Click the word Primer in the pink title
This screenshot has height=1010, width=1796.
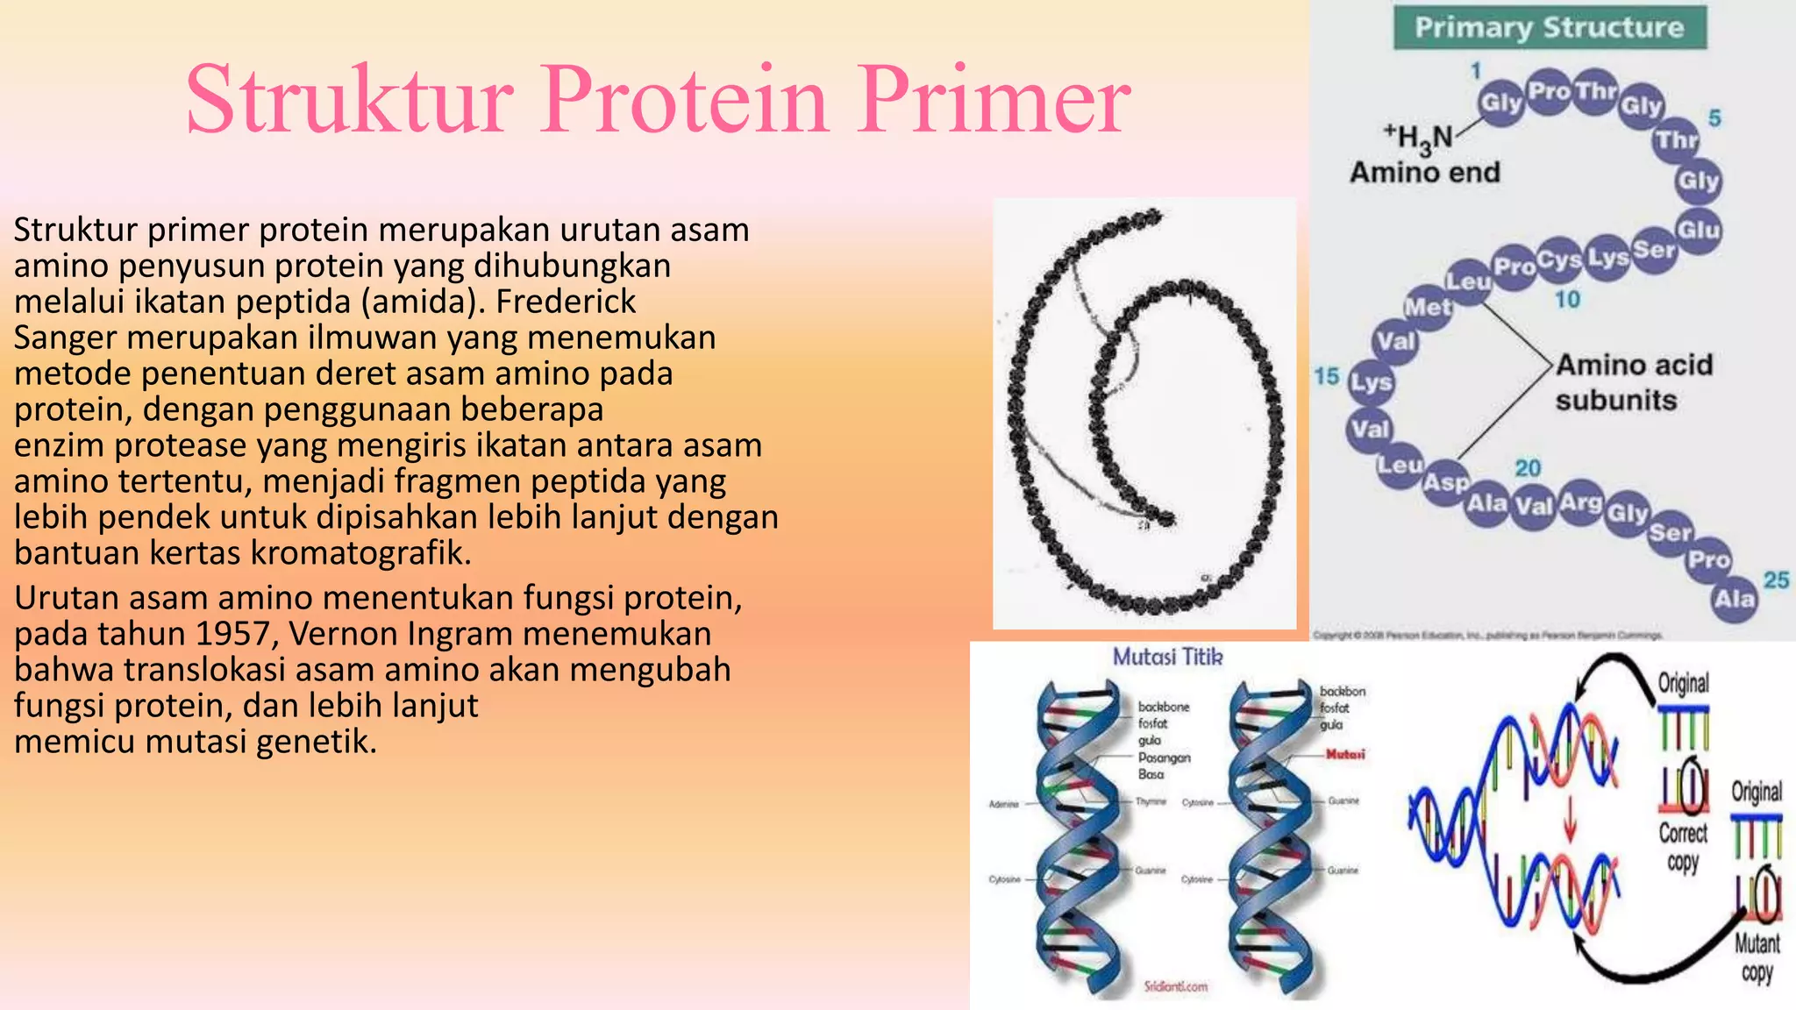click(994, 100)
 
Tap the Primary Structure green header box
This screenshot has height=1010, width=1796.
click(1549, 28)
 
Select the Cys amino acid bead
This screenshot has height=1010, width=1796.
click(1558, 260)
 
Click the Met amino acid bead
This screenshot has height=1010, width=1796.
click(1428, 308)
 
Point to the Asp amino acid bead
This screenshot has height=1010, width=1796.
click(1445, 482)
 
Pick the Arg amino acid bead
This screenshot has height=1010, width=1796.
click(1581, 502)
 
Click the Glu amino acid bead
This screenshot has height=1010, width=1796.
click(1699, 230)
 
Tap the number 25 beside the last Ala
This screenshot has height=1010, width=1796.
click(1776, 580)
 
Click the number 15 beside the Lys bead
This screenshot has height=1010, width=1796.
click(1326, 376)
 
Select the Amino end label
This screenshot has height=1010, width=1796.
click(1424, 173)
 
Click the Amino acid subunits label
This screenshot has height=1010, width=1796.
click(1633, 382)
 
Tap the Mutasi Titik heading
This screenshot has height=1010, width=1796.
click(1166, 657)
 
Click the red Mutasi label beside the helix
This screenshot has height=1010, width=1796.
click(1344, 754)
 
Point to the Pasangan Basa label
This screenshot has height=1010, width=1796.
click(1163, 765)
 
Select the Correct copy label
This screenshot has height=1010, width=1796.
click(1682, 846)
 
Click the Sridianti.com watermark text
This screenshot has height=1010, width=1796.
click(1175, 986)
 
